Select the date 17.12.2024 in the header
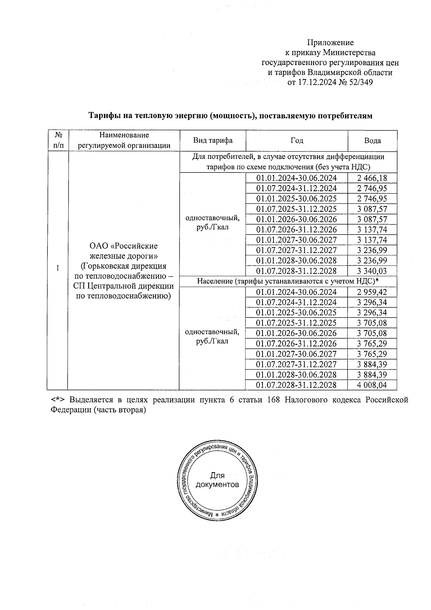(x=316, y=82)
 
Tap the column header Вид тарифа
(x=213, y=141)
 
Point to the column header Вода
(x=372, y=141)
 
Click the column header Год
(x=297, y=141)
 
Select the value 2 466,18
(x=372, y=178)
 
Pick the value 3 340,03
(x=372, y=271)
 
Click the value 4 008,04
(x=372, y=385)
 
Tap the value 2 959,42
(x=372, y=292)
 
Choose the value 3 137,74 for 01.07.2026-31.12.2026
(x=372, y=230)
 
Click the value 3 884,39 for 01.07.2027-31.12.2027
(x=372, y=364)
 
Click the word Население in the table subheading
(x=215, y=281)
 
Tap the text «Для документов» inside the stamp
(x=217, y=480)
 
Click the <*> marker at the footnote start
(x=57, y=400)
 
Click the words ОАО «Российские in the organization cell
(x=124, y=246)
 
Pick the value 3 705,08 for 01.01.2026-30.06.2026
(x=372, y=333)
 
